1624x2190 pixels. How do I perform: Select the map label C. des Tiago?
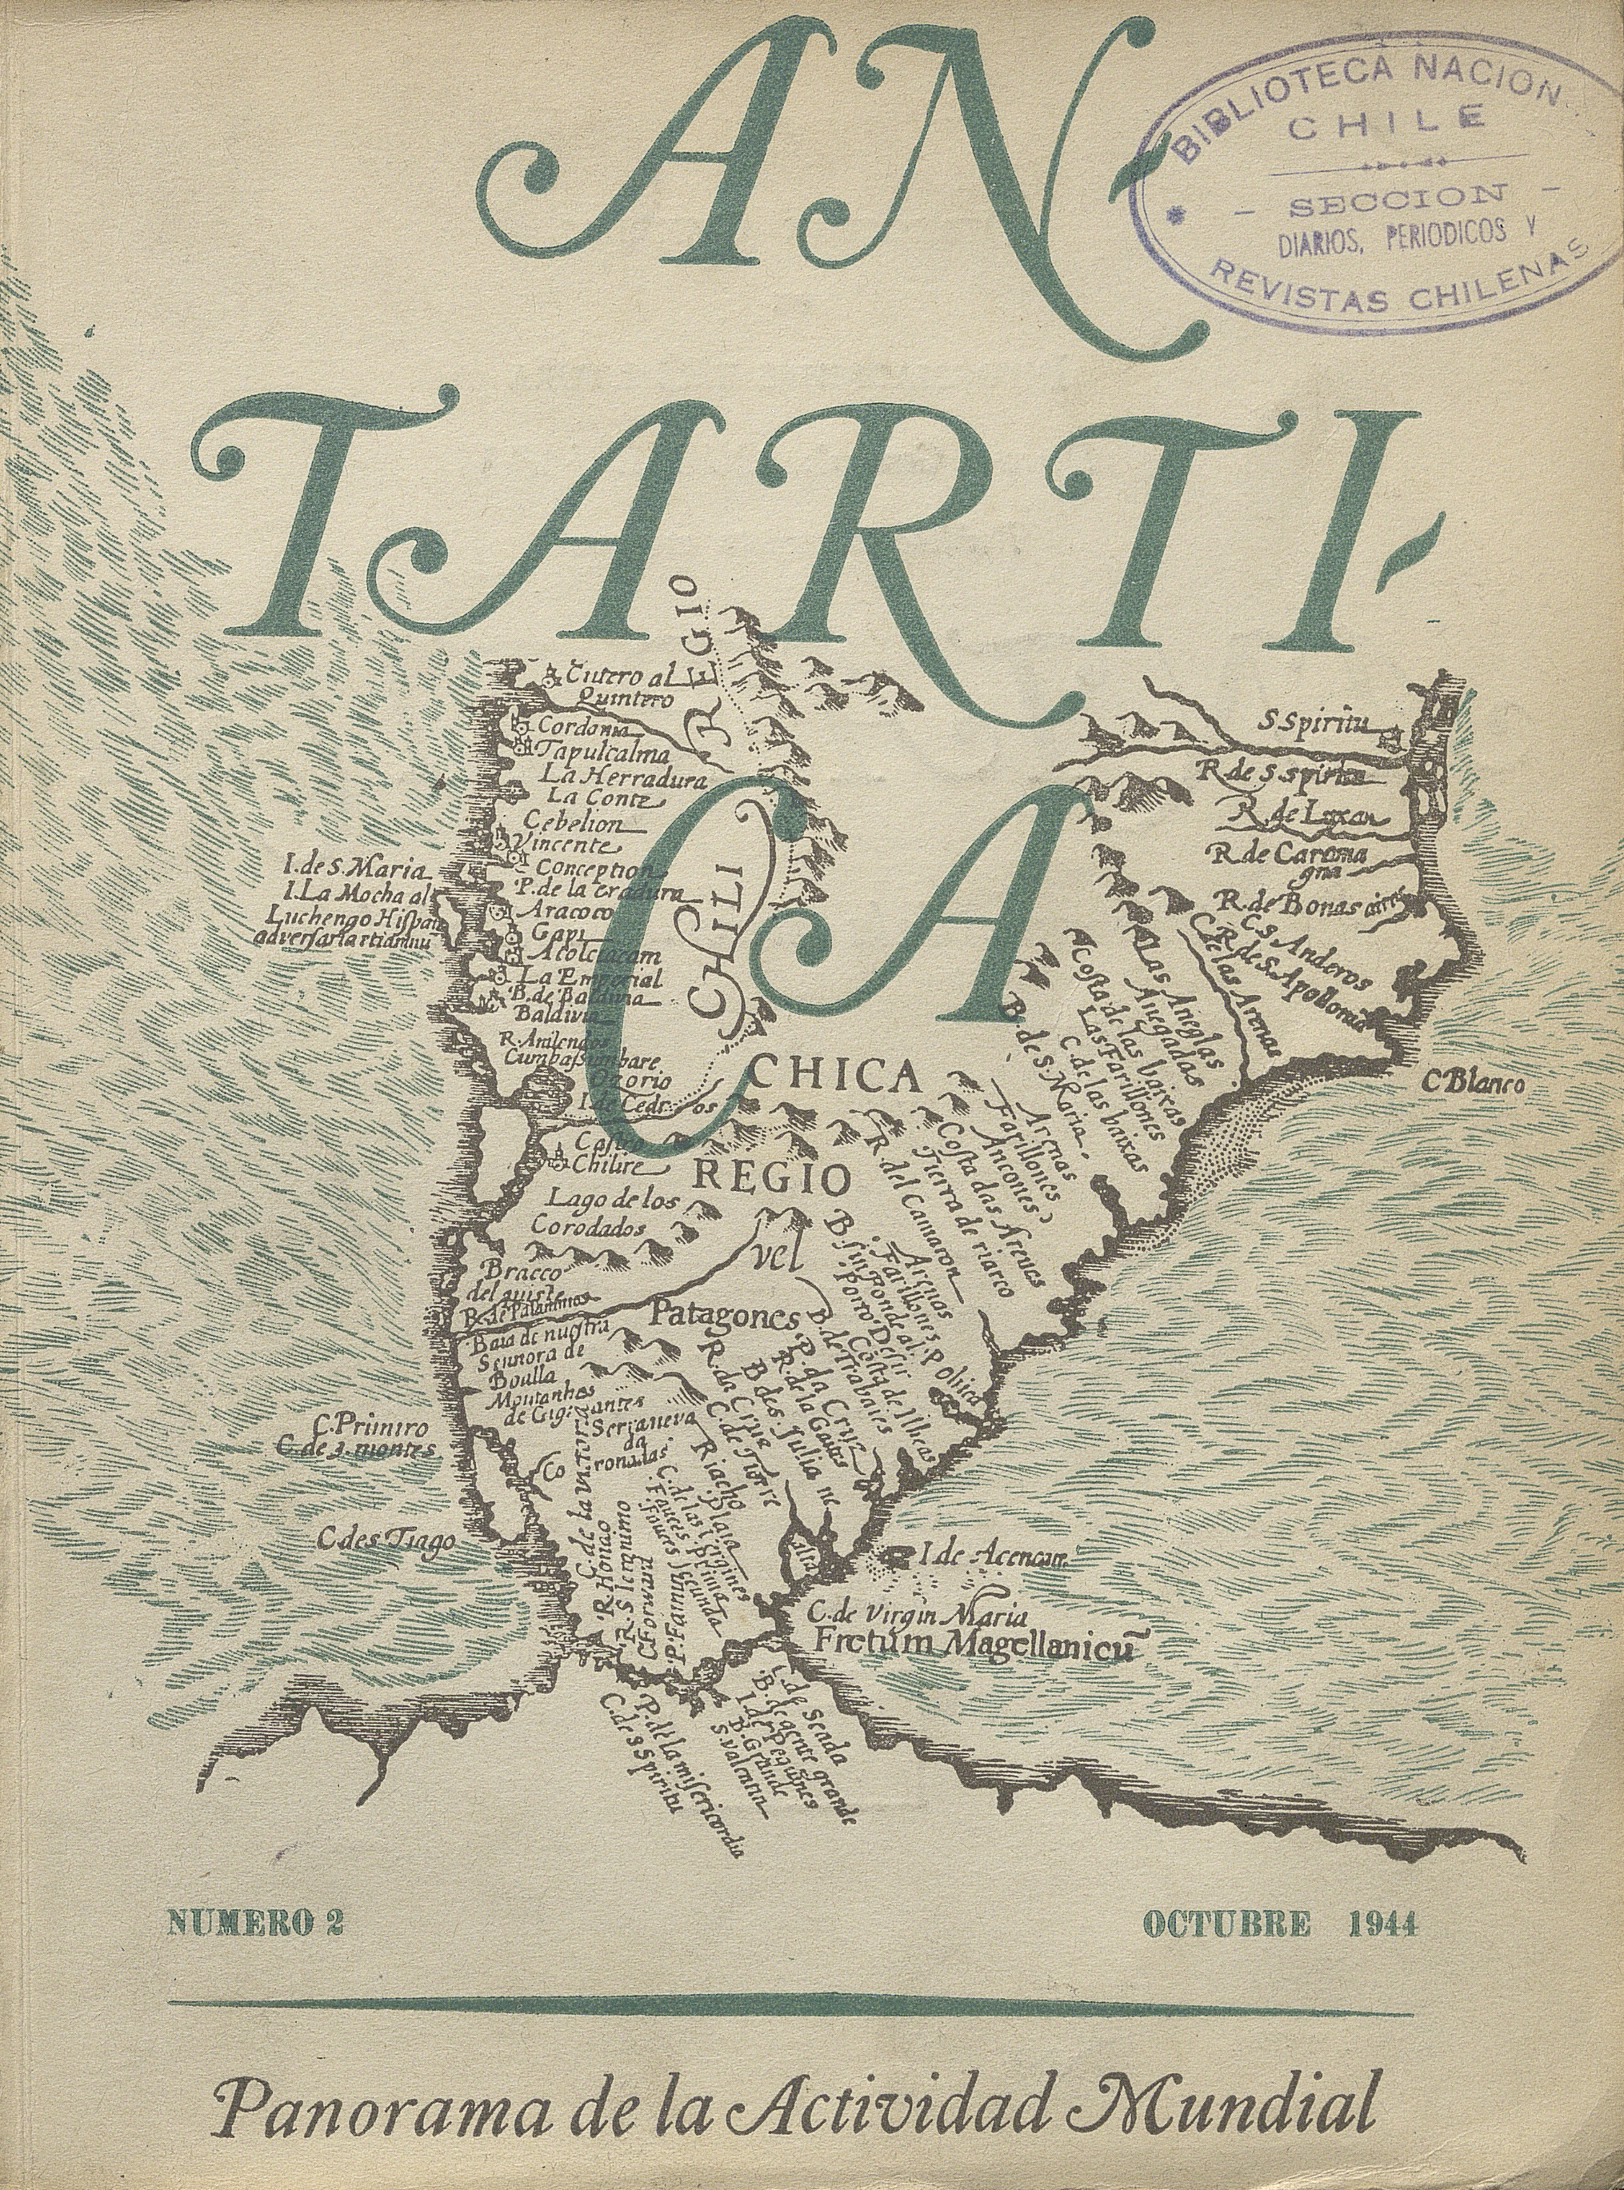pos(386,1541)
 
